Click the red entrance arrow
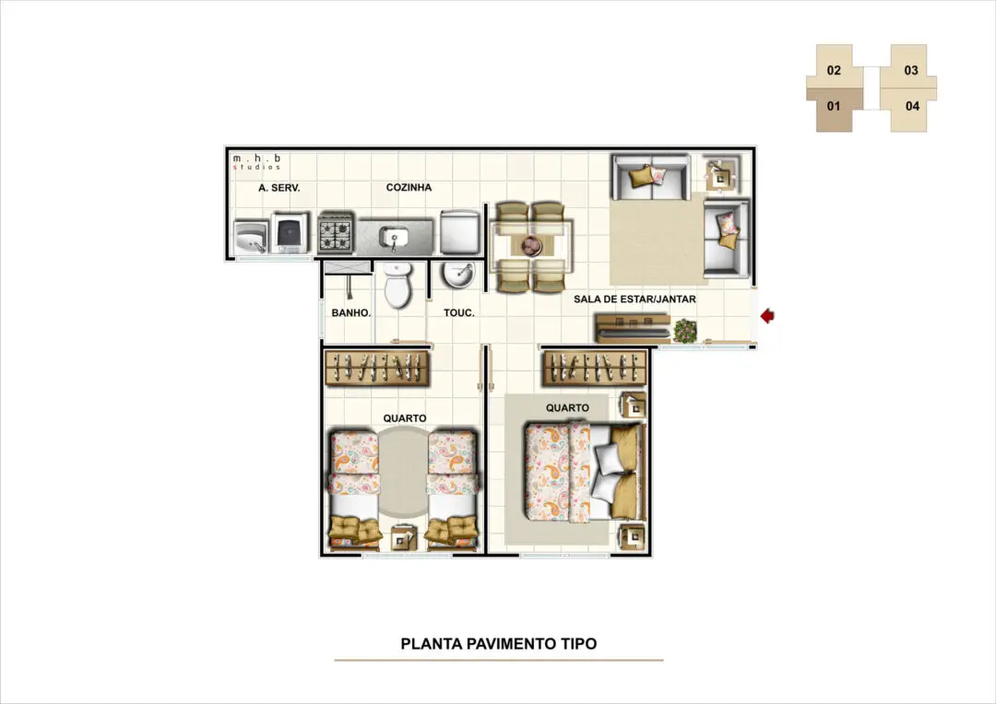pos(767,315)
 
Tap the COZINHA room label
pos(409,187)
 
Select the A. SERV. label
pos(279,188)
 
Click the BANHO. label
pos(350,313)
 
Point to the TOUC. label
pos(458,313)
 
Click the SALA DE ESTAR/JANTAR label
pos(634,299)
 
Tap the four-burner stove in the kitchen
pos(336,233)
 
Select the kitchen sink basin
pos(394,238)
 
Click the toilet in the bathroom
pos(398,287)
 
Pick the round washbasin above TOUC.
pos(457,275)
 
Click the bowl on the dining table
pos(531,245)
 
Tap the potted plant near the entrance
pos(684,330)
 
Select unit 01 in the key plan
pos(834,107)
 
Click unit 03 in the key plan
pos(911,69)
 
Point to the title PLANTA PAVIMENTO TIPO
pos(499,644)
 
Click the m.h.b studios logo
pos(256,162)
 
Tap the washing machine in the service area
pos(290,233)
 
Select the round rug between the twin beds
pos(403,471)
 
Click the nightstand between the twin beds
pos(403,538)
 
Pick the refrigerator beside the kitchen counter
pos(459,232)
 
